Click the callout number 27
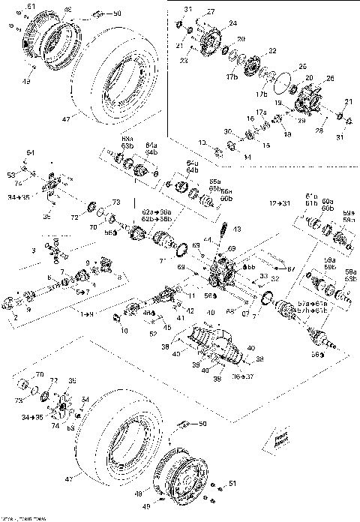pyautogui.click(x=211, y=12)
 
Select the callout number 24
pyautogui.click(x=232, y=23)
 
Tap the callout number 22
pyautogui.click(x=271, y=50)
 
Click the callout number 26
pyautogui.click(x=331, y=79)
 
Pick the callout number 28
pyautogui.click(x=321, y=130)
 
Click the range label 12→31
pyautogui.click(x=280, y=204)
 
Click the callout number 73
pyautogui.click(x=115, y=202)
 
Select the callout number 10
pyautogui.click(x=124, y=330)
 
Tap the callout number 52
pyautogui.click(x=153, y=334)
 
